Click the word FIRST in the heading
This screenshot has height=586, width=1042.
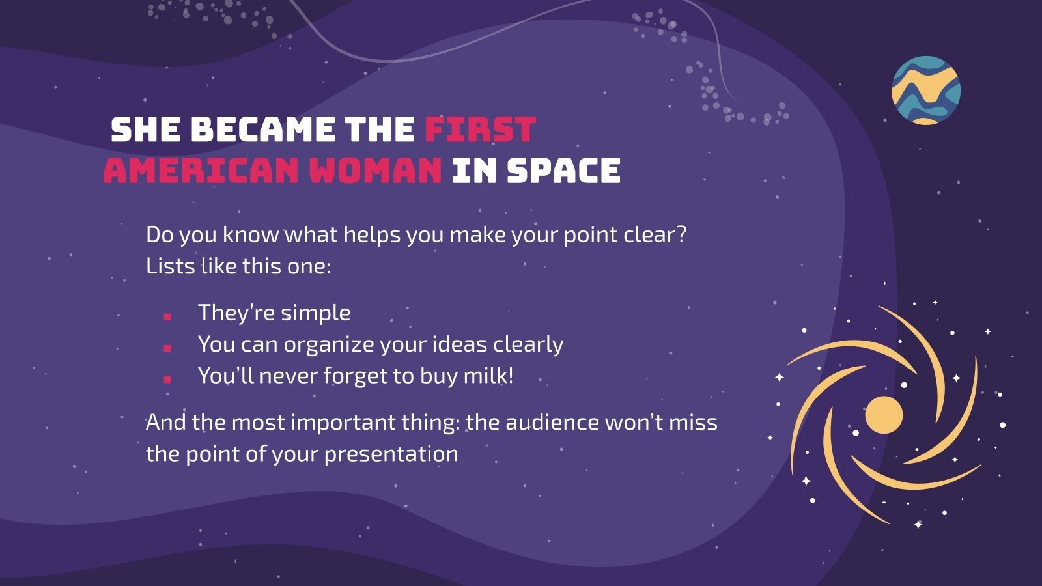click(x=480, y=130)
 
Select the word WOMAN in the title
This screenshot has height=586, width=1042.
click(x=375, y=171)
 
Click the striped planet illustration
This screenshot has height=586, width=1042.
click(x=925, y=91)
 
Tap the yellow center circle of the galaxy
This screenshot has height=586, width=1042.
click(x=884, y=415)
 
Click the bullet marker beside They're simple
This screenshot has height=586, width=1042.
click(x=167, y=316)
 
